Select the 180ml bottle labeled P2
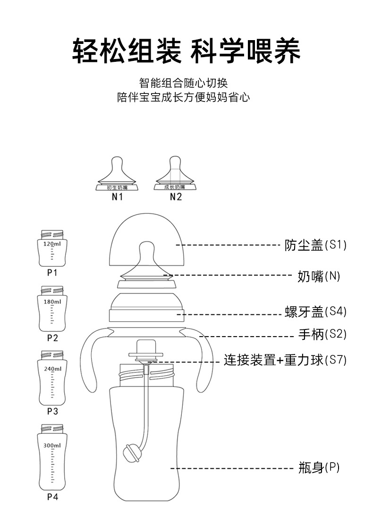tap(52, 309)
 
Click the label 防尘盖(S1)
tap(315, 245)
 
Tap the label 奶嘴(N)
tap(319, 276)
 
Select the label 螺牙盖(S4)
tap(315, 312)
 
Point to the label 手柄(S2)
tap(322, 335)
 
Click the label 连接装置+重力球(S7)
tap(285, 360)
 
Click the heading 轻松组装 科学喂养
tap(186, 51)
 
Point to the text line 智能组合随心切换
tap(184, 84)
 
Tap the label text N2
tap(175, 197)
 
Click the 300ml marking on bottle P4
tap(52, 445)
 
